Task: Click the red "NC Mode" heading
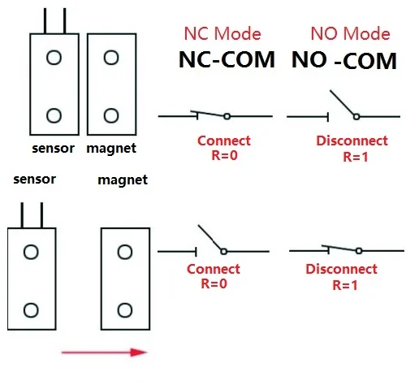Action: coord(222,34)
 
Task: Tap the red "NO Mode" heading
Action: coord(350,34)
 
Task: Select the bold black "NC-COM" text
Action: coord(226,60)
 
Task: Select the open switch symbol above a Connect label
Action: coord(211,243)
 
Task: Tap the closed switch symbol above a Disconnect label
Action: coord(340,249)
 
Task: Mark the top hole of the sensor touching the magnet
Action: coord(54,58)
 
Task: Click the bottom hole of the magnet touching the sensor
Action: coord(110,115)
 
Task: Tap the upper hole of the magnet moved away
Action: coord(124,253)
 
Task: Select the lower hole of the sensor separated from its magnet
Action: coord(30,309)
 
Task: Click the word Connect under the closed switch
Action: coord(223,141)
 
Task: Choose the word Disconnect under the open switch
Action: coord(346,141)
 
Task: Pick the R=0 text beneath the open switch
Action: coord(213,284)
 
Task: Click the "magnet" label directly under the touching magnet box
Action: coord(110,149)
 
